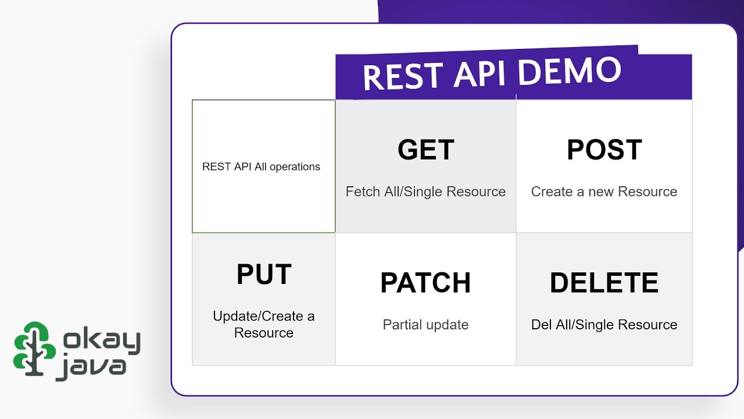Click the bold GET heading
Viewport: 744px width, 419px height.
[425, 150]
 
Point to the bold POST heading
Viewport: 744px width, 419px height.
[604, 150]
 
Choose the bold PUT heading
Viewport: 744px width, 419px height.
[264, 275]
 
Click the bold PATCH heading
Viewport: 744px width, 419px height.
[425, 283]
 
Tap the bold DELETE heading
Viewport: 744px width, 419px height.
[604, 283]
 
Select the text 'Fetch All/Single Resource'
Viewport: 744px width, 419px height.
[425, 192]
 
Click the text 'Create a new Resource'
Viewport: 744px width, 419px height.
[604, 192]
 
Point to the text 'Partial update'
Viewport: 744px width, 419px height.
[425, 325]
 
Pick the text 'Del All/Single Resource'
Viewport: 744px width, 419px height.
[604, 325]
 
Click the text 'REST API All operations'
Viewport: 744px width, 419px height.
[261, 167]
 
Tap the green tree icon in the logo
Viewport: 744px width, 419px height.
[34, 347]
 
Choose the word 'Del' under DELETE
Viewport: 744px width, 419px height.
[541, 325]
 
